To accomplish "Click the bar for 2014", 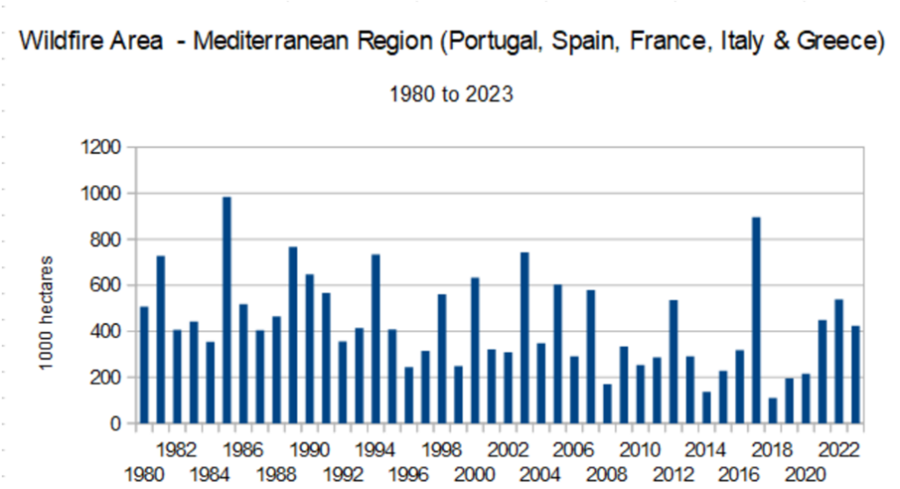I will coord(707,407).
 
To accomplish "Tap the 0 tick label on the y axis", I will coord(114,424).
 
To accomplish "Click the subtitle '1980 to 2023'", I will coord(451,96).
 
